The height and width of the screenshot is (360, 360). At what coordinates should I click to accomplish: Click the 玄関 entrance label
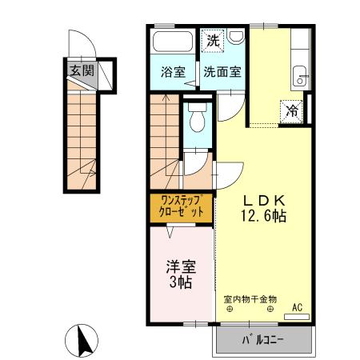tap(81, 70)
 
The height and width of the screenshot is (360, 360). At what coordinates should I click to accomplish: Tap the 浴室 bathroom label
tap(174, 70)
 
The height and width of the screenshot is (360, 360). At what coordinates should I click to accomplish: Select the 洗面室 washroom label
tap(222, 70)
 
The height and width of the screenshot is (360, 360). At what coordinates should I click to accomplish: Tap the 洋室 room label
tap(181, 266)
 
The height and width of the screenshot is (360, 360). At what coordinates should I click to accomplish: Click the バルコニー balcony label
tap(263, 342)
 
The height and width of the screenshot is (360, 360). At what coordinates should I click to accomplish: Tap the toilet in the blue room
tap(197, 118)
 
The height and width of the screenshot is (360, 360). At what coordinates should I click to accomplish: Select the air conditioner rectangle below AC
tap(297, 317)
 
